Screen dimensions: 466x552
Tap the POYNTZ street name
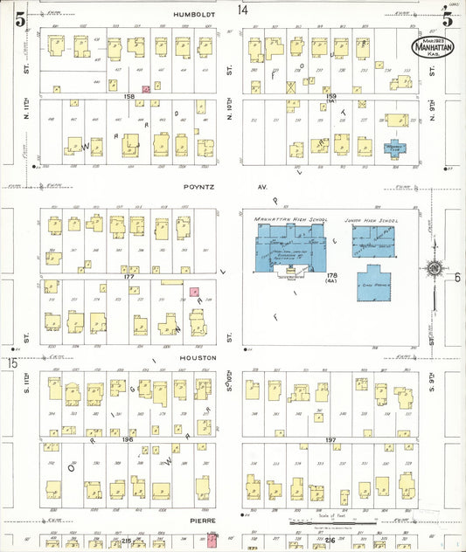pyautogui.click(x=199, y=186)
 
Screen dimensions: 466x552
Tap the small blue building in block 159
pyautogui.click(x=394, y=146)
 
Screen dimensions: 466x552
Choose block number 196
pyautogui.click(x=128, y=439)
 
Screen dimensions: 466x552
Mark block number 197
pyautogui.click(x=330, y=439)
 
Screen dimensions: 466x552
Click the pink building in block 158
pyautogui.click(x=146, y=88)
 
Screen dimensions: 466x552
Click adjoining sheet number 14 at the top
pyautogui.click(x=243, y=10)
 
